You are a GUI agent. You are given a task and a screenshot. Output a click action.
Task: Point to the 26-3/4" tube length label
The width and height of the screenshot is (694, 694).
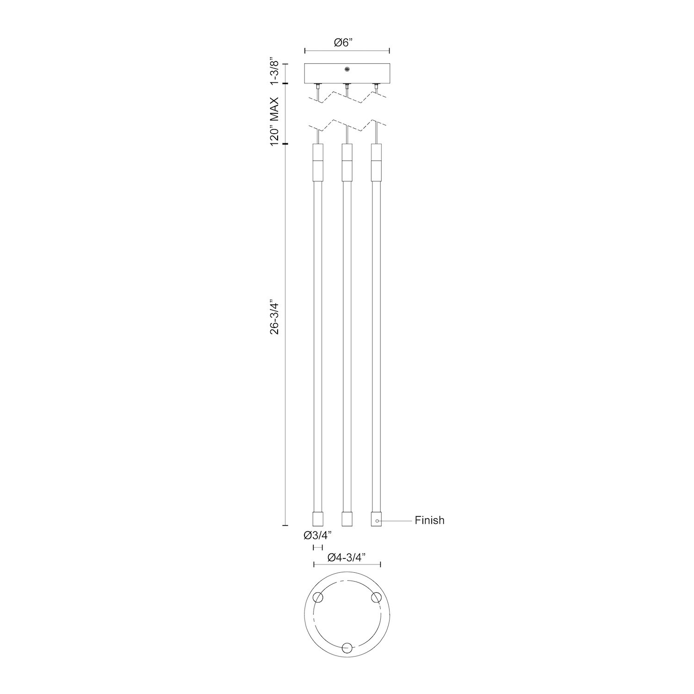pyautogui.click(x=275, y=316)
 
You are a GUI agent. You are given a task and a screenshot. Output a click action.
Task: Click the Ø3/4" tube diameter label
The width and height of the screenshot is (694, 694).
pyautogui.click(x=318, y=535)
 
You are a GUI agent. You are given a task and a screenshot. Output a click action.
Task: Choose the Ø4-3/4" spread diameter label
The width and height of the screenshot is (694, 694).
pyautogui.click(x=347, y=558)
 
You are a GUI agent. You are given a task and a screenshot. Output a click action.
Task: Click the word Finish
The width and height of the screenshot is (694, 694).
pyautogui.click(x=429, y=520)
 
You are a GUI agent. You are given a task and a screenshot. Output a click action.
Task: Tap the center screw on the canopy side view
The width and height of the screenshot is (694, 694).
pyautogui.click(x=347, y=70)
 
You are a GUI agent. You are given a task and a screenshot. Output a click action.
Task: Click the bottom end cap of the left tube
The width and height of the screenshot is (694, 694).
pyautogui.click(x=317, y=519)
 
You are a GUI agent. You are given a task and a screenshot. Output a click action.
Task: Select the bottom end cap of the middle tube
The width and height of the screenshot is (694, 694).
pyautogui.click(x=347, y=519)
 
